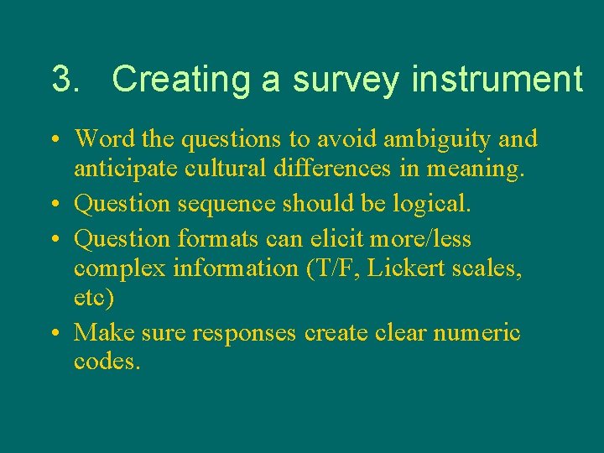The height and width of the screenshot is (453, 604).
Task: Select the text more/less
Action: (x=421, y=239)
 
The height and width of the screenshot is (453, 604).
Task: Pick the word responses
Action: (x=244, y=334)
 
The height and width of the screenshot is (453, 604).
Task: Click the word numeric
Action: (x=476, y=333)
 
